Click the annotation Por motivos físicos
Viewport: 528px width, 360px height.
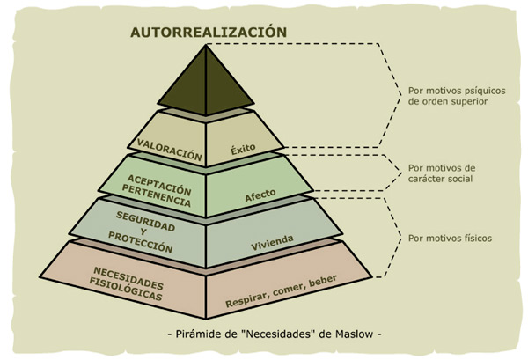click(450, 239)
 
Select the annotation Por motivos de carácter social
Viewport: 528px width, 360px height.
click(441, 173)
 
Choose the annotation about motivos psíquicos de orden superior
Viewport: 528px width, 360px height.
click(448, 95)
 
